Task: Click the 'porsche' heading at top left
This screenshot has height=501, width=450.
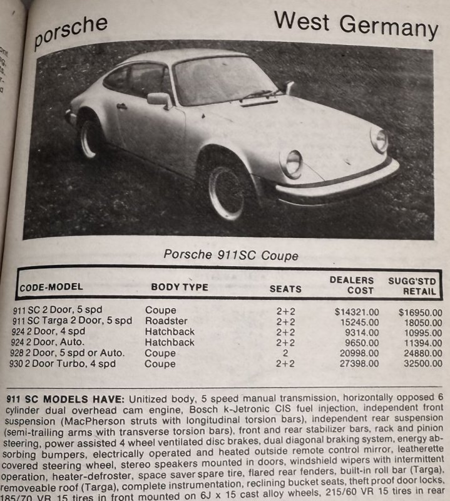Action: (70, 33)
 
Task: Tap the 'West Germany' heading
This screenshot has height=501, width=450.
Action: (355, 24)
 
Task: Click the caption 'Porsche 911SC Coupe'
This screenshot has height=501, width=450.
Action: (231, 256)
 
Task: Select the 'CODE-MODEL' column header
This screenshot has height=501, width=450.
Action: (51, 287)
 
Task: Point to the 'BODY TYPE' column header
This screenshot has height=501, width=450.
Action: (179, 287)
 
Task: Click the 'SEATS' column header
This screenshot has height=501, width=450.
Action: (285, 289)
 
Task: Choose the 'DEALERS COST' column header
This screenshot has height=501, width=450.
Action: (352, 285)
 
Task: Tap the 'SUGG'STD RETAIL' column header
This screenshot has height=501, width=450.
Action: (413, 286)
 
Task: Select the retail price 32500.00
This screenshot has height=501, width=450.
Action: (421, 363)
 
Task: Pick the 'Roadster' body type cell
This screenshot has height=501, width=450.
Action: (166, 321)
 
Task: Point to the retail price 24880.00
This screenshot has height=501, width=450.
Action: (421, 353)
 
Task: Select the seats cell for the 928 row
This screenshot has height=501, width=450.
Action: (285, 353)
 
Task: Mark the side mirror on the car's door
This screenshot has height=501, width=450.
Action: (158, 99)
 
